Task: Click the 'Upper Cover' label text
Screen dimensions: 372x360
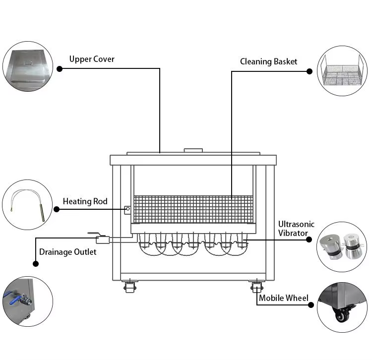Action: pos(92,59)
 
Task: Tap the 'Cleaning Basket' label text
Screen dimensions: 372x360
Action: pos(268,61)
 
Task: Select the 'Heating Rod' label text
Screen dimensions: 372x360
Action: pos(85,201)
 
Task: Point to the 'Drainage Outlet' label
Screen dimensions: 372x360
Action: pos(68,252)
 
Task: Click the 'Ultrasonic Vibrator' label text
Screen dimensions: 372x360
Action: pos(296,229)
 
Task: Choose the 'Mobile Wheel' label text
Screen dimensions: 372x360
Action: pos(284,298)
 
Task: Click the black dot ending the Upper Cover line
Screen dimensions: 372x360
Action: pos(60,69)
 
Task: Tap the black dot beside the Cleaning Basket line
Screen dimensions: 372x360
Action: pos(310,71)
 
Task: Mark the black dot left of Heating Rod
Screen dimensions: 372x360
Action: pos(57,209)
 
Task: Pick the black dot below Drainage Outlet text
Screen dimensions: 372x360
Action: pos(36,263)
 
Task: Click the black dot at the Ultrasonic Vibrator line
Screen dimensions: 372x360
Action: pos(309,240)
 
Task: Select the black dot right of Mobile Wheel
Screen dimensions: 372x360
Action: pos(311,305)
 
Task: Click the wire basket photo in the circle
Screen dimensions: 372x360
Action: pos(342,71)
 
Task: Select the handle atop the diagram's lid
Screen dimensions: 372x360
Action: pos(193,150)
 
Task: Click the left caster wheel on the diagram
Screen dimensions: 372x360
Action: pos(129,287)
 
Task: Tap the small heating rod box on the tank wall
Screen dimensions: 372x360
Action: pos(127,210)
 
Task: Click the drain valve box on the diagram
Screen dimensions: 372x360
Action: pos(103,240)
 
